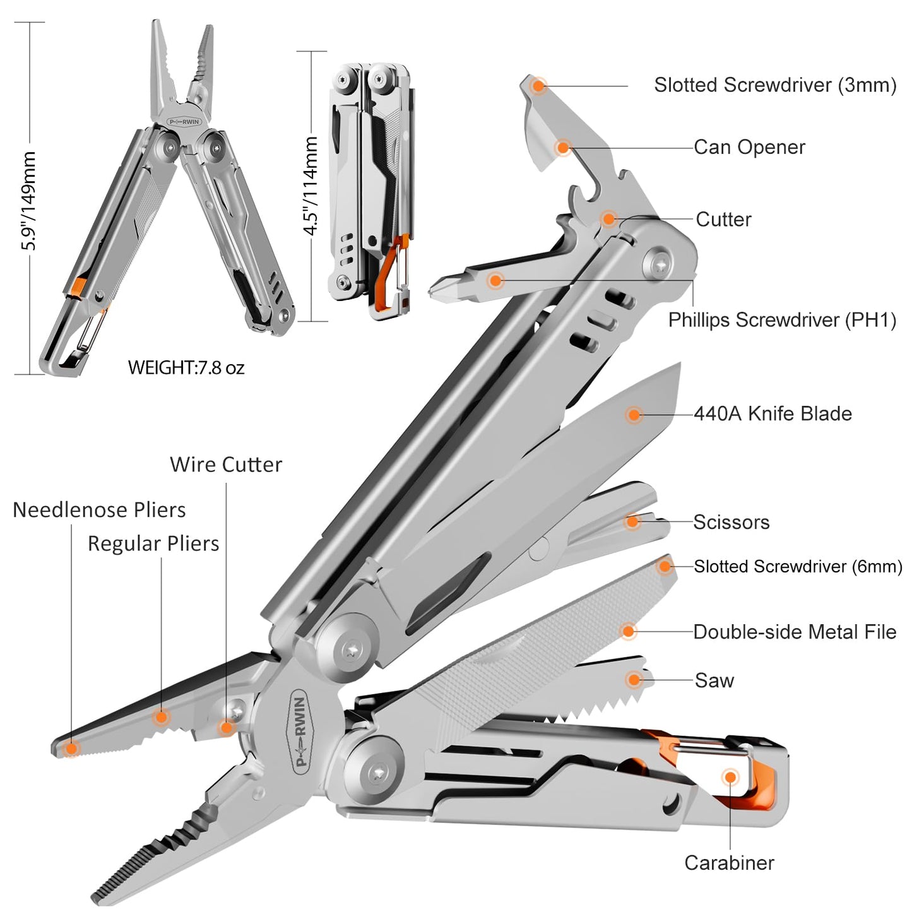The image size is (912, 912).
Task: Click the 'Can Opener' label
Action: (x=749, y=148)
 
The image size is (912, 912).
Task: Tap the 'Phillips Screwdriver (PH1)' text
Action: (x=782, y=320)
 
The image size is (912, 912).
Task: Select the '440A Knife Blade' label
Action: (x=773, y=414)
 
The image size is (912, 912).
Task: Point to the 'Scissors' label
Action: (x=731, y=523)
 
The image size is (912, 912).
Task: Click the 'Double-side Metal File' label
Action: (x=794, y=632)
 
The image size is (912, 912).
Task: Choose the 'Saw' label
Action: (x=714, y=680)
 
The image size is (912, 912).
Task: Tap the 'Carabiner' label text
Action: (x=729, y=863)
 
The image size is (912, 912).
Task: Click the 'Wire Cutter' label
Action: (x=225, y=465)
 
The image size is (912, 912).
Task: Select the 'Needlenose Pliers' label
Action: (x=99, y=510)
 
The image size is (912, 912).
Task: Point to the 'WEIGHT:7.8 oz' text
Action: (x=186, y=367)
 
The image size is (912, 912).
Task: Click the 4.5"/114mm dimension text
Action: (x=311, y=186)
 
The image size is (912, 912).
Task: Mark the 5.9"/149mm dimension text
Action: (x=28, y=201)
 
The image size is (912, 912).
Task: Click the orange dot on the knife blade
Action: (x=634, y=415)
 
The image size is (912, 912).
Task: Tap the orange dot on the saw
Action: (x=634, y=679)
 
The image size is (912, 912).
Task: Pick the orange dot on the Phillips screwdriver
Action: (x=495, y=280)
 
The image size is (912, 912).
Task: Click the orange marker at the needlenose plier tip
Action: (x=71, y=749)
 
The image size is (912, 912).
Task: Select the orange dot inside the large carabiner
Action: (x=730, y=777)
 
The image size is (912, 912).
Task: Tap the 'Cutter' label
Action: (x=723, y=220)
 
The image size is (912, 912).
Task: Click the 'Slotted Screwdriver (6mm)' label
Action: (x=798, y=567)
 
